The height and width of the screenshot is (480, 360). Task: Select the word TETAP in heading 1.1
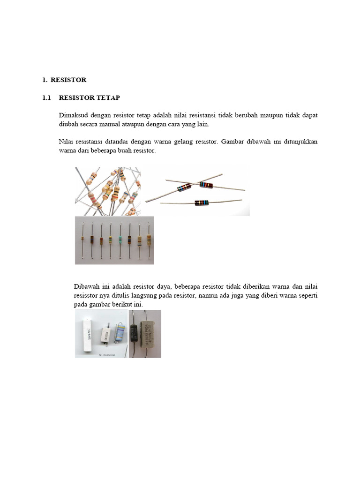tap(108, 98)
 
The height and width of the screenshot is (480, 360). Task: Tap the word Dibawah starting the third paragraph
tap(87, 286)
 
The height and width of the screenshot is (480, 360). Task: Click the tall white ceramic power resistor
tap(86, 333)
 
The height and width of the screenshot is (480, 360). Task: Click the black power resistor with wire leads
tap(136, 333)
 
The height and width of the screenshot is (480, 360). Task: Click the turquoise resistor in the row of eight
tap(120, 240)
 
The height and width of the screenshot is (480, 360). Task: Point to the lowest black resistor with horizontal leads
tap(202, 202)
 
